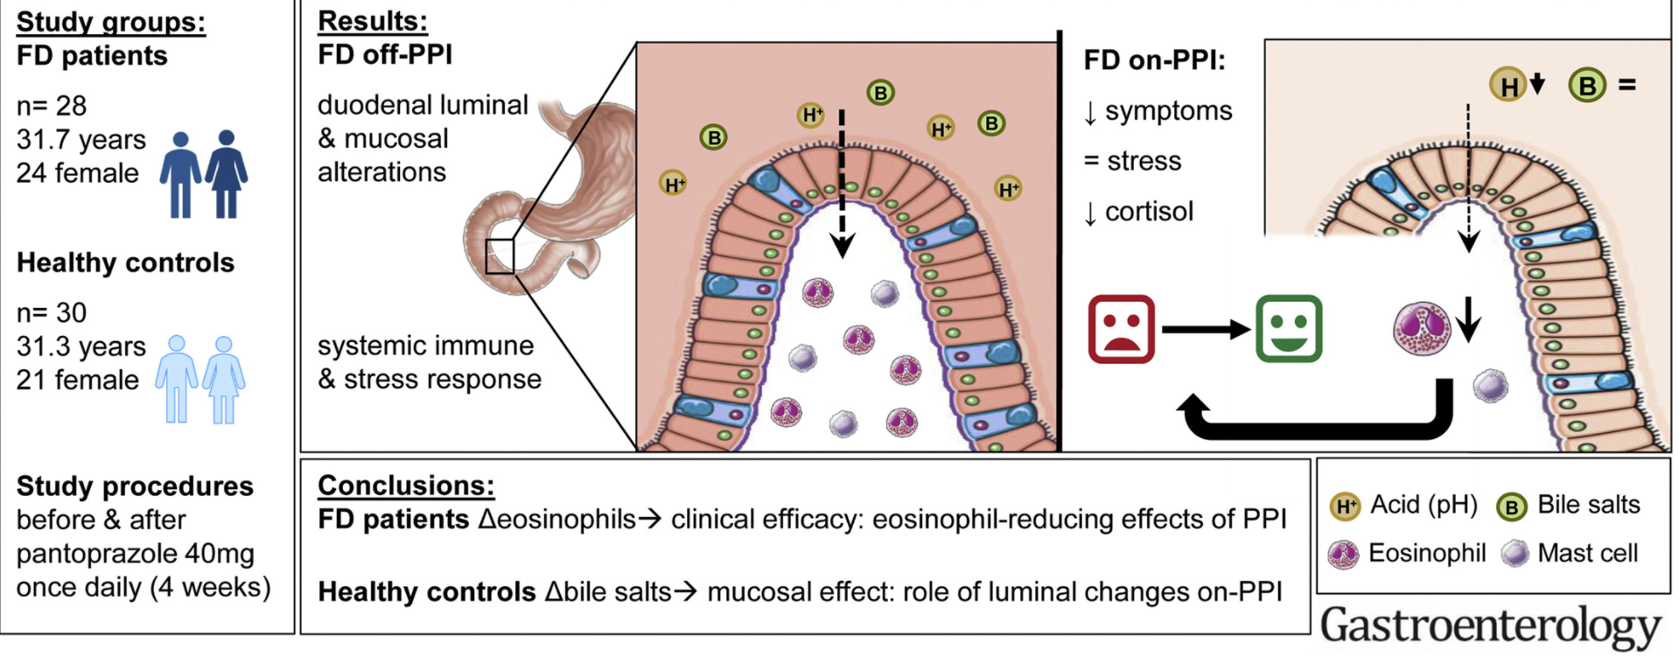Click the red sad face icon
click(x=1121, y=329)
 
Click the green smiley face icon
click(x=1289, y=329)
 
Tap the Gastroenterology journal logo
click(x=1490, y=626)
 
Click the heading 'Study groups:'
click(x=111, y=22)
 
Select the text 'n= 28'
click(x=52, y=106)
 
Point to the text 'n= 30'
click(x=52, y=312)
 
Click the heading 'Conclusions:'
click(x=406, y=485)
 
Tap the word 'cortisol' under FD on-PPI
click(x=1149, y=212)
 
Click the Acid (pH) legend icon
click(x=1345, y=507)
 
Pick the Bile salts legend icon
click(x=1511, y=507)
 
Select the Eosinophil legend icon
click(x=1343, y=555)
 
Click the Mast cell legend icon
click(x=1515, y=554)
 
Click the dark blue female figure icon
click(x=227, y=173)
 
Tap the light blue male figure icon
click(x=177, y=379)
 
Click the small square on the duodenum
click(x=500, y=256)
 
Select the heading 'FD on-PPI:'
click(x=1154, y=60)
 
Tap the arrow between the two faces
click(x=1206, y=329)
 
